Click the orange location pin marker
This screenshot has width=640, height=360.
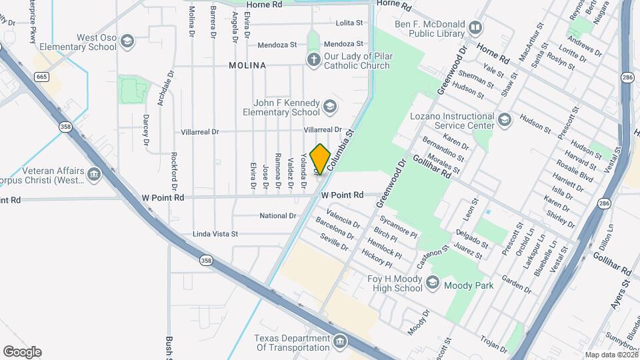[x=320, y=159]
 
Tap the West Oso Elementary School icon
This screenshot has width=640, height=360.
[x=127, y=42]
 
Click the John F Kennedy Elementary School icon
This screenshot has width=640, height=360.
[x=329, y=107]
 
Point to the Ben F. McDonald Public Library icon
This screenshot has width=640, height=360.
[x=475, y=28]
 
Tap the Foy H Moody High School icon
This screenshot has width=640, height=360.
[x=433, y=283]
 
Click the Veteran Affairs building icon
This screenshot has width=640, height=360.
[x=93, y=175]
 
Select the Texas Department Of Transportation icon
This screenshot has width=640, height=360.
[x=341, y=343]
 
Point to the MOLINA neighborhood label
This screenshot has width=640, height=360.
[x=247, y=65]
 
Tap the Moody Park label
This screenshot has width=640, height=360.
[x=471, y=285]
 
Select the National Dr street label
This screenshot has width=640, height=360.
[x=277, y=216]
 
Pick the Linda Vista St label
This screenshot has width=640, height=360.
[x=215, y=234]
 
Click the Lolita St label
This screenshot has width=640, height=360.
[x=350, y=23]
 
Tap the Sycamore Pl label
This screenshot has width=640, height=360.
[x=397, y=226]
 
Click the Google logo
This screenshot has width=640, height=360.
[x=22, y=351]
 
